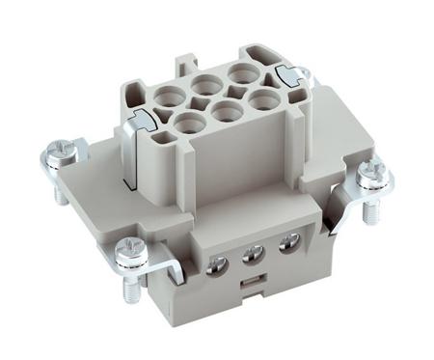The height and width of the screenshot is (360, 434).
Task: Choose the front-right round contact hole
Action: tap(261, 97)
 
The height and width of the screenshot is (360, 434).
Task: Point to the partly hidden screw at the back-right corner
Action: tap(305, 72)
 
